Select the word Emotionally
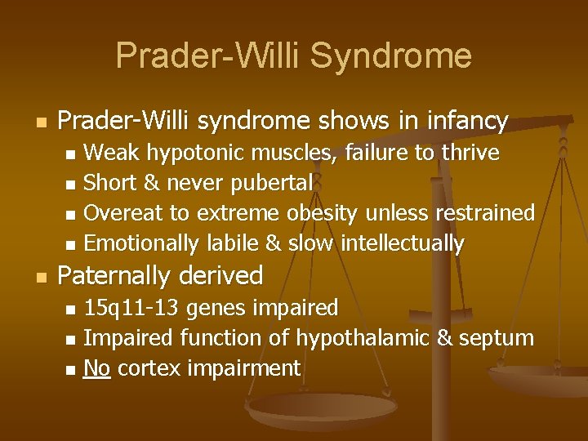[x=139, y=243]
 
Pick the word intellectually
[x=403, y=243]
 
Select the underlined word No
[x=97, y=368]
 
